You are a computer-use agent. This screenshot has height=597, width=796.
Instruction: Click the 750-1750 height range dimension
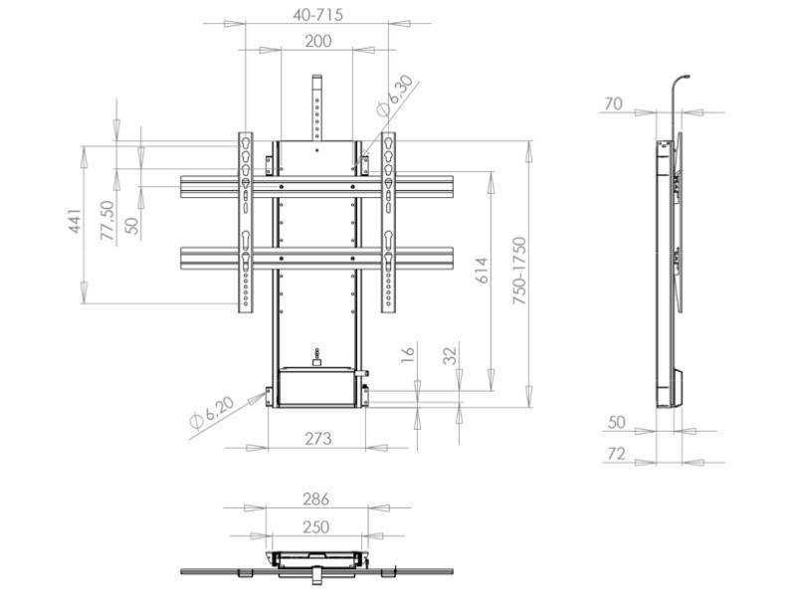[x=518, y=271]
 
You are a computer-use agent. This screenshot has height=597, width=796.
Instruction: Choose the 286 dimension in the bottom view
[x=315, y=498]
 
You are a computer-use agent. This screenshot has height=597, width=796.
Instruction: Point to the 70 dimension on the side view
[x=614, y=103]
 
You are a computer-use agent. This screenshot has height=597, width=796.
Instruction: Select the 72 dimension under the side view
[x=616, y=454]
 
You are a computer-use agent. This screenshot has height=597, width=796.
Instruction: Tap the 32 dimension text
[x=450, y=356]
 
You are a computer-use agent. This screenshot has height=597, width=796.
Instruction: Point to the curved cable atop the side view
[x=680, y=90]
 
